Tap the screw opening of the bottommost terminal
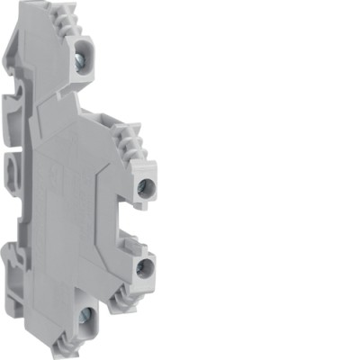point(85,316)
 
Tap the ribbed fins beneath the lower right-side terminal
point(135,292)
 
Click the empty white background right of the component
point(270,180)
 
